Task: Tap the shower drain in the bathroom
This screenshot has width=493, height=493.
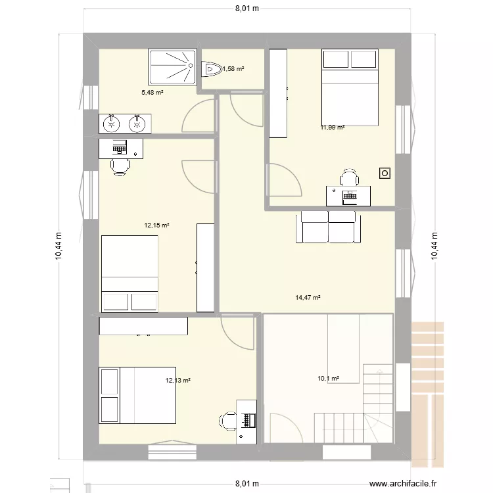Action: tap(190, 65)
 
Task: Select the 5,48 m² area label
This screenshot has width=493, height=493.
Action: tap(153, 93)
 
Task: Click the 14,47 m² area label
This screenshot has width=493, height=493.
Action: tap(308, 297)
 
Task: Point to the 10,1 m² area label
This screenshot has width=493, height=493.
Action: tap(328, 379)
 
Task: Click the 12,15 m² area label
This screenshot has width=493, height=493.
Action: tap(156, 225)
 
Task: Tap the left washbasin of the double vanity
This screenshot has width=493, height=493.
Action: tap(111, 124)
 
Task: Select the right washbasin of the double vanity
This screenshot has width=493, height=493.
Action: tap(137, 124)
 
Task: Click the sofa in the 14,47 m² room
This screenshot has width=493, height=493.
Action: tap(328, 227)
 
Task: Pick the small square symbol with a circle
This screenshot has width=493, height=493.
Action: tap(385, 174)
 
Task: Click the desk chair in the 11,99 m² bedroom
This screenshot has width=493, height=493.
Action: tap(349, 177)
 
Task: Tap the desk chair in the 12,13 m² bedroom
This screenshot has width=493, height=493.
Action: tap(228, 421)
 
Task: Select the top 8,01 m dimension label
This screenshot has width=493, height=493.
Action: tap(247, 9)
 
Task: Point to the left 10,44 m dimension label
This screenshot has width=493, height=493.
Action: tap(59, 246)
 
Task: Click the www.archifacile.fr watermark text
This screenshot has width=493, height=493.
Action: tap(403, 483)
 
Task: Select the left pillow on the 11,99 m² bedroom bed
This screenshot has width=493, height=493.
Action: tap(336, 59)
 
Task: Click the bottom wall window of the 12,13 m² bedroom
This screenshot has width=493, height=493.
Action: tap(172, 450)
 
